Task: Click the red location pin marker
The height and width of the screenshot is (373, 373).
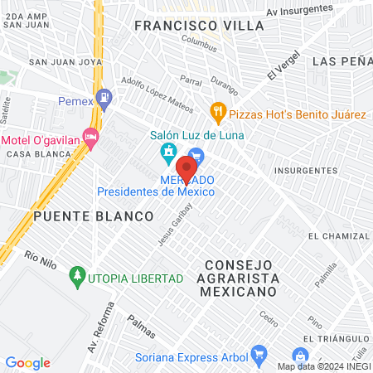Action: click(186, 168)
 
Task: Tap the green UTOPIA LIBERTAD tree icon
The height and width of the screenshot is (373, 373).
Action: click(77, 274)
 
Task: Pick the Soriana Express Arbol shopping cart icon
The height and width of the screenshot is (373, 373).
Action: click(259, 354)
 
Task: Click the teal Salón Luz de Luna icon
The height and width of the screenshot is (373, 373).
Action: click(168, 153)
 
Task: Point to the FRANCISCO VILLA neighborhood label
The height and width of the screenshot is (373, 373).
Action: click(199, 26)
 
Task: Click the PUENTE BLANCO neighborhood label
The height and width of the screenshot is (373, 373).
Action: click(94, 216)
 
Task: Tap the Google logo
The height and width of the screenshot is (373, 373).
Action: click(27, 362)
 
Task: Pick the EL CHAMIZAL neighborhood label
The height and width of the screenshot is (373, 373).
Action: click(336, 235)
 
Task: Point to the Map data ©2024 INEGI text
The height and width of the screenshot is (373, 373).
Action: click(323, 366)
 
